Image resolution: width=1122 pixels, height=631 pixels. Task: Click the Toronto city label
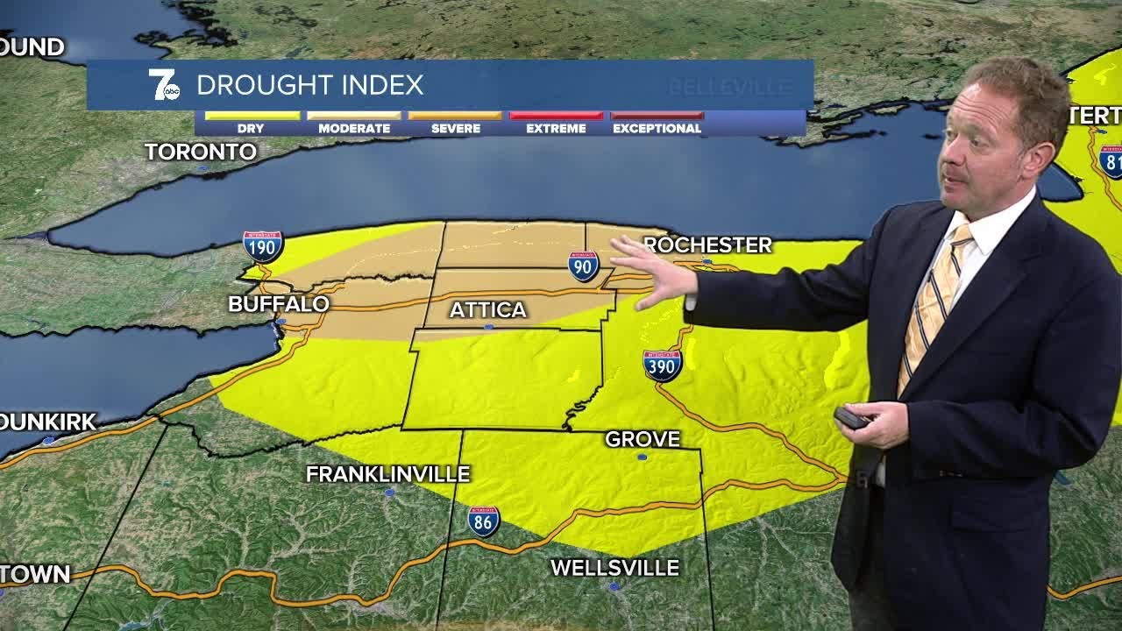click(x=201, y=152)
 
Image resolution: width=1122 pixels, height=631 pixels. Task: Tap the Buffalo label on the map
click(x=279, y=304)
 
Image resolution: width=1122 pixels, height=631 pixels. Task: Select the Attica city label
click(x=488, y=309)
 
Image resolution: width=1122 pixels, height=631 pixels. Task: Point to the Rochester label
click(x=708, y=245)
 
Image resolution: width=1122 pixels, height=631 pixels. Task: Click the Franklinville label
click(x=388, y=474)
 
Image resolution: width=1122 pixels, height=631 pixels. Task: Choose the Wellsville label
click(x=614, y=568)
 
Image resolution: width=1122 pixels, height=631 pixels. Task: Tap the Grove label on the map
click(x=643, y=439)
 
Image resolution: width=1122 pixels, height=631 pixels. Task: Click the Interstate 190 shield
click(x=263, y=247)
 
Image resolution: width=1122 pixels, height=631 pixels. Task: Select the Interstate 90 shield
click(x=583, y=266)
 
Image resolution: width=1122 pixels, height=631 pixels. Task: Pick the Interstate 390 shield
click(x=663, y=365)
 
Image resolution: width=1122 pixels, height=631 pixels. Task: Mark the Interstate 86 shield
click(x=483, y=521)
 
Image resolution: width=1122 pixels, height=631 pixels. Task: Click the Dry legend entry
click(x=252, y=123)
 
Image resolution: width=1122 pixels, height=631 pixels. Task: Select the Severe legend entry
click(x=456, y=123)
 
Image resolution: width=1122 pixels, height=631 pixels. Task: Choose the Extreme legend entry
click(x=556, y=123)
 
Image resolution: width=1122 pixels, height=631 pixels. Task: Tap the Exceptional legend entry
click(x=657, y=123)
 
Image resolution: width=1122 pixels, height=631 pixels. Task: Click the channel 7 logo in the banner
click(x=164, y=84)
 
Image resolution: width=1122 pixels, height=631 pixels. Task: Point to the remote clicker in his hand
click(x=851, y=418)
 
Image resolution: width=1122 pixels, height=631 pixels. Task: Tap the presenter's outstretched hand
click(x=654, y=272)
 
